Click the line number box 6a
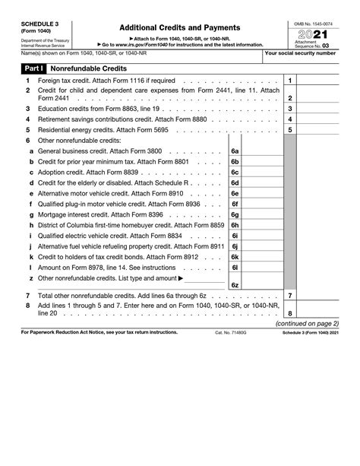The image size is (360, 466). click(235, 151)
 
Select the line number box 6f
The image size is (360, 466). click(235, 204)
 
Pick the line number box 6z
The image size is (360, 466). click(235, 284)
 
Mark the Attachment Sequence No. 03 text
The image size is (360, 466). click(317, 46)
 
